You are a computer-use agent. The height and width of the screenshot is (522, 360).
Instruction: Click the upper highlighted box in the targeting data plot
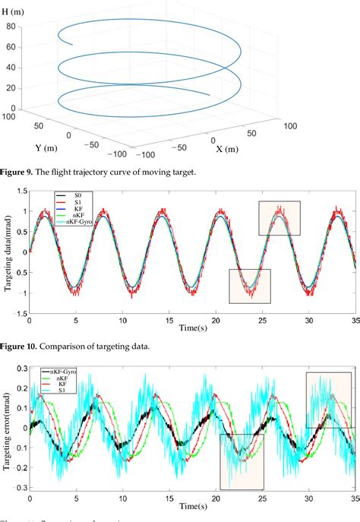coord(279,218)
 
